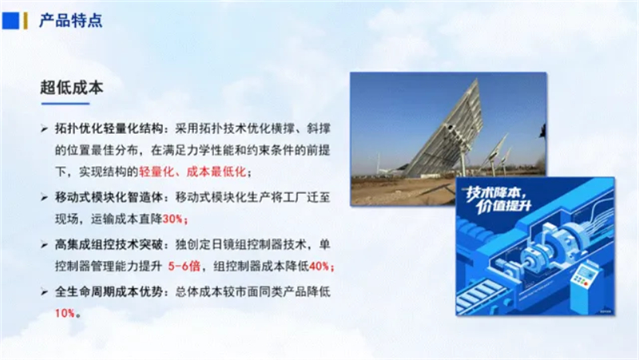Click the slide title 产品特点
pos(70,21)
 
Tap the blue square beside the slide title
pos(10,21)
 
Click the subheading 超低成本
pos(72,88)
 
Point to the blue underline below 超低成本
pos(65,104)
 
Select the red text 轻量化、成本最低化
pos(192,172)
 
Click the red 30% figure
pos(173,219)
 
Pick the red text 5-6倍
pos(185,267)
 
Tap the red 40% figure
pos(319,267)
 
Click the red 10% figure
pos(65,313)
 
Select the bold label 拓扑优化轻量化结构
pos(109,129)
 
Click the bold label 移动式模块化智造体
pos(109,197)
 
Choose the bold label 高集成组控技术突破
pos(109,244)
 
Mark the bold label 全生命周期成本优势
pos(109,291)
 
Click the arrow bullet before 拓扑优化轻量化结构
pos(44,129)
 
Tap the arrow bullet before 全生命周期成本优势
pos(44,292)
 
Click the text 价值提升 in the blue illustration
pos(504,206)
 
